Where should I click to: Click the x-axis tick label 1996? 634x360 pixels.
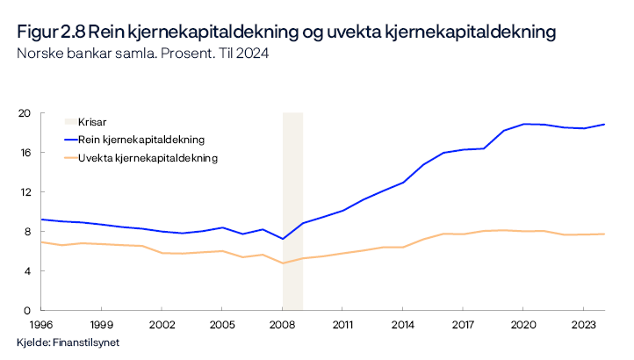[41, 324]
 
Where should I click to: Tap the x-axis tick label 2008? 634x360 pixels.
[282, 324]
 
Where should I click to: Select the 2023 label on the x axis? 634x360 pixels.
[584, 324]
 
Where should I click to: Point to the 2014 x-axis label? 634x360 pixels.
[403, 324]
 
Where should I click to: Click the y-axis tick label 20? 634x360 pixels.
[25, 113]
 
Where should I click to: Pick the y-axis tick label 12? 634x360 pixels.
[25, 192]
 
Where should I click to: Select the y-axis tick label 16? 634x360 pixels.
[25, 153]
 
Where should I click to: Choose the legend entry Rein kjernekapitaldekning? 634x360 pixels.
[141, 140]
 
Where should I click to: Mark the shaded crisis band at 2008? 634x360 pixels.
[292, 211]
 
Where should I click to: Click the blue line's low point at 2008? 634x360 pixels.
[283, 239]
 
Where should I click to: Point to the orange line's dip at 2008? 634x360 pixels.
[283, 263]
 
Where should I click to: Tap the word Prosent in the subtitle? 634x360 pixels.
[186, 53]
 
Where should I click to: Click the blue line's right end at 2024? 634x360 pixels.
[605, 124]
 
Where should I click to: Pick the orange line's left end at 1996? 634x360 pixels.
[41, 242]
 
